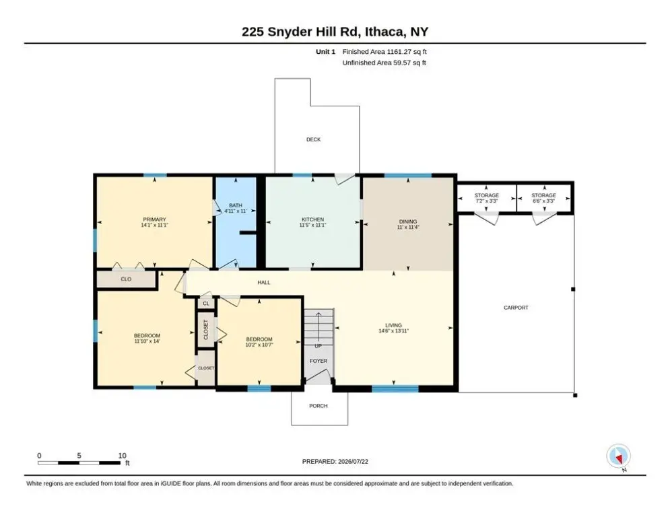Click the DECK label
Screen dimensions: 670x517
313,139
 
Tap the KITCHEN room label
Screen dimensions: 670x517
313,219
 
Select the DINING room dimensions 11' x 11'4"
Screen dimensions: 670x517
408,228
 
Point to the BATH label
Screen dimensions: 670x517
236,205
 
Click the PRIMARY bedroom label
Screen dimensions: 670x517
154,219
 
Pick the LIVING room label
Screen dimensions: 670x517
393,325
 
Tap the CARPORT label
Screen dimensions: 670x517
516,308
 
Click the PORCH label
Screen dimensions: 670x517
319,406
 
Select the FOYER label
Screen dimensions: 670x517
319,361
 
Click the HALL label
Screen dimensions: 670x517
264,283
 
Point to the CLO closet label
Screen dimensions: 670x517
126,279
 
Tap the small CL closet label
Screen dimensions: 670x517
206,304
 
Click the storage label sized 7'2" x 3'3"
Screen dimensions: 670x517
486,198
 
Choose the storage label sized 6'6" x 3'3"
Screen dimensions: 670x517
543,198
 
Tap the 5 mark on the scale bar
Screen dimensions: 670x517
79,456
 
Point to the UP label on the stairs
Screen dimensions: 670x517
319,346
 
